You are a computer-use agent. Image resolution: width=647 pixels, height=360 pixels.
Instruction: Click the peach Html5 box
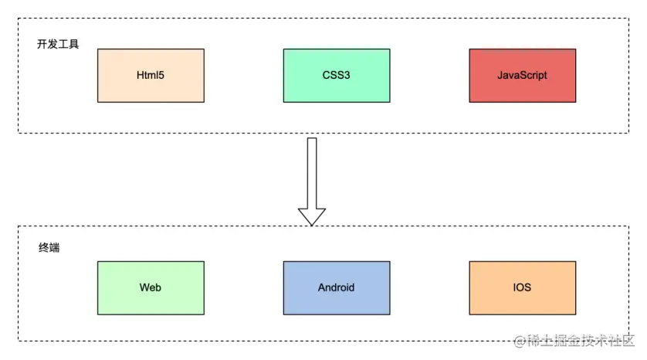tap(151, 75)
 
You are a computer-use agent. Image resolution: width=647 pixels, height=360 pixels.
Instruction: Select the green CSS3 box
tap(337, 75)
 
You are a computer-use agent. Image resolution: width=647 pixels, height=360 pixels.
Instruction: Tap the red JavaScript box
tap(522, 75)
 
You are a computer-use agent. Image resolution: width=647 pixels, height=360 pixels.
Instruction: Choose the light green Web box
tap(151, 287)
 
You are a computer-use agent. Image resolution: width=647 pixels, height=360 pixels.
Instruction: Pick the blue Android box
tap(337, 287)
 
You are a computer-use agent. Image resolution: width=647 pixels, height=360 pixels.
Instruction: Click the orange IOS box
tap(522, 287)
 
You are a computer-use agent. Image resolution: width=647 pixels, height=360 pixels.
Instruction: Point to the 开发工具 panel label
tap(58, 44)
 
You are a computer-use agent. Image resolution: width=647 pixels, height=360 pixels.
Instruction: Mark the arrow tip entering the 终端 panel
tap(312, 224)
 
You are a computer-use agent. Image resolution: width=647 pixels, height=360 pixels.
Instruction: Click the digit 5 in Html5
tap(161, 76)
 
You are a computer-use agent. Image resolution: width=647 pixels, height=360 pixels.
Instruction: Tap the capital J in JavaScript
tap(500, 76)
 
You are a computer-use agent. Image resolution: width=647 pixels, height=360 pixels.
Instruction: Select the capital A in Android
tap(321, 287)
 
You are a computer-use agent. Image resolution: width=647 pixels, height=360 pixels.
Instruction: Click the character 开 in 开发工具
tap(42, 44)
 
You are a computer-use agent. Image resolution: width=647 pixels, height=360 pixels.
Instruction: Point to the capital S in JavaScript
tap(523, 76)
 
